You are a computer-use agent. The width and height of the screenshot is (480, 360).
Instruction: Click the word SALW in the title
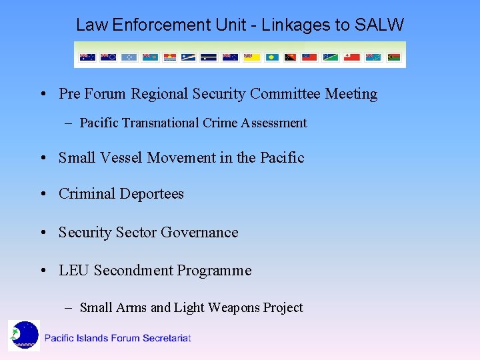tap(379, 25)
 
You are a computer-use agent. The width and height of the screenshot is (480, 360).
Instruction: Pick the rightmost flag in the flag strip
tap(394, 57)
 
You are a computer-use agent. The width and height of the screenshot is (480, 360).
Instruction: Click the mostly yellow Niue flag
tap(251, 57)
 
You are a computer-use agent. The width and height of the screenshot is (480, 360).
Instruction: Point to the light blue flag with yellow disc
tap(272, 57)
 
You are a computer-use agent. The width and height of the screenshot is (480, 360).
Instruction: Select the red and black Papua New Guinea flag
tap(291, 57)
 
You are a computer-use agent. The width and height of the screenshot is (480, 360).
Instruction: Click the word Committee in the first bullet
tap(285, 94)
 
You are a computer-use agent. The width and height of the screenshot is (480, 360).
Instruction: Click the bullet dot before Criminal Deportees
tap(43, 194)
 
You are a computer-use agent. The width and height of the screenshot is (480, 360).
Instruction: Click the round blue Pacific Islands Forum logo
tap(25, 335)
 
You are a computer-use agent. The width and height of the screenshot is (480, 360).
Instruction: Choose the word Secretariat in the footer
tap(167, 338)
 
